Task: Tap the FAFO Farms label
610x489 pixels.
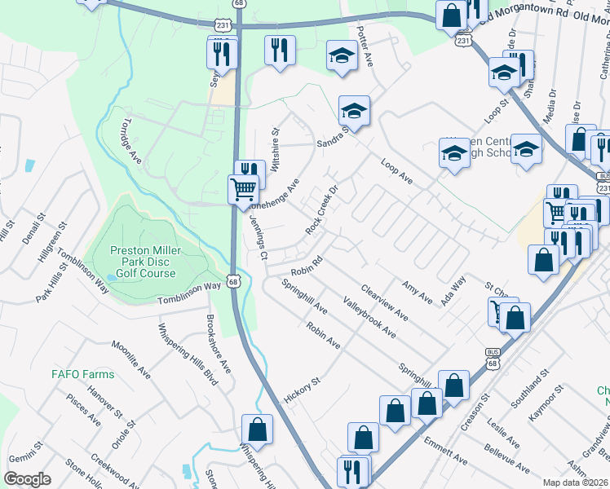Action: coord(83,374)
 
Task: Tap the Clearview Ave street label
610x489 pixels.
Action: coord(383,301)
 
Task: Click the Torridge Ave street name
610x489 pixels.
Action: coord(130,144)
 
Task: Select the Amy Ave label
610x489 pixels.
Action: coord(417,293)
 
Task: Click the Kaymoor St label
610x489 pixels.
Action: coord(546,405)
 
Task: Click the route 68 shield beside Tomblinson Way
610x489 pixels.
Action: coord(234,281)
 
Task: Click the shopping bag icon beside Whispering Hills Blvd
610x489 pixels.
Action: coord(258,430)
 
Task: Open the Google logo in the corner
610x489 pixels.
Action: coord(28,479)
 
